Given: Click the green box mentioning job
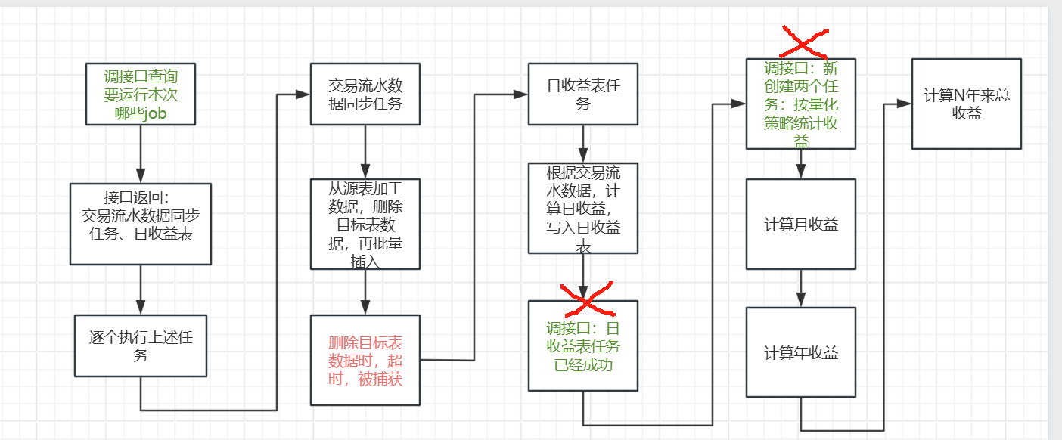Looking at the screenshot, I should tap(141, 95).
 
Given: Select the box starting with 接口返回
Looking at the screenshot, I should tap(141, 224).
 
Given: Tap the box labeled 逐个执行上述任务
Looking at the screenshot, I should tap(141, 345).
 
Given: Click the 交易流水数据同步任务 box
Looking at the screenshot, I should tap(365, 93).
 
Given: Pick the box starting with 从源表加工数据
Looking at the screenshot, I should tap(365, 224).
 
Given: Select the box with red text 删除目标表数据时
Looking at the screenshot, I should tap(365, 359).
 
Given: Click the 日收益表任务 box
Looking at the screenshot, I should tap(583, 94).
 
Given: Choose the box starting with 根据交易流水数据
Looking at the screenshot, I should tap(583, 208).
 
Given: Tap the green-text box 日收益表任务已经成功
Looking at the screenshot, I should tap(583, 345).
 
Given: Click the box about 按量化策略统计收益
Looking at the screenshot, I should tap(801, 104).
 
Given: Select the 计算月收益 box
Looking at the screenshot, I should tap(801, 224).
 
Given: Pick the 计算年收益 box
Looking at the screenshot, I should tap(801, 352).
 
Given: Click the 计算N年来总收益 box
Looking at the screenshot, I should tap(967, 104).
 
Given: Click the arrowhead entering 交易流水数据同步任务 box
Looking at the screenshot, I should tap(303, 94).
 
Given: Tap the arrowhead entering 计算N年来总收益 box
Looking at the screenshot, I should tap(905, 103).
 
